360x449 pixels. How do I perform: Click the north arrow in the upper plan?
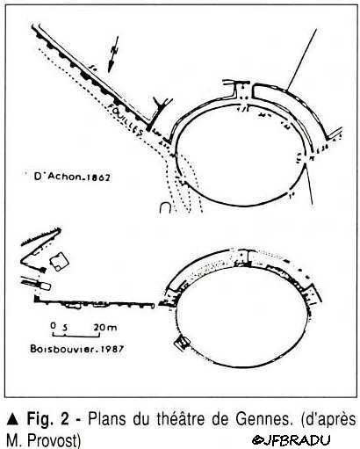(x=113, y=54)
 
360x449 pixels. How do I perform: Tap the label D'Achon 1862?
(x=72, y=177)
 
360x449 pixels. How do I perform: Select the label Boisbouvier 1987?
(x=77, y=349)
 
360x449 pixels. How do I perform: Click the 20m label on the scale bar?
(x=105, y=327)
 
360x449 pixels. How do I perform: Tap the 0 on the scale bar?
(x=53, y=326)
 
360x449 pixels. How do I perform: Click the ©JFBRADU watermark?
(x=292, y=439)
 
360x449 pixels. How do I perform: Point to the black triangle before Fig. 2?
(x=13, y=419)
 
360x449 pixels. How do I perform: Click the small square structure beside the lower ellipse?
(x=183, y=342)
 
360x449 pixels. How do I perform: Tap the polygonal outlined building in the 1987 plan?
(x=59, y=261)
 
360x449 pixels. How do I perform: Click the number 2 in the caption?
(x=64, y=419)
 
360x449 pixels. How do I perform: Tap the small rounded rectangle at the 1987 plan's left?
(x=45, y=286)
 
